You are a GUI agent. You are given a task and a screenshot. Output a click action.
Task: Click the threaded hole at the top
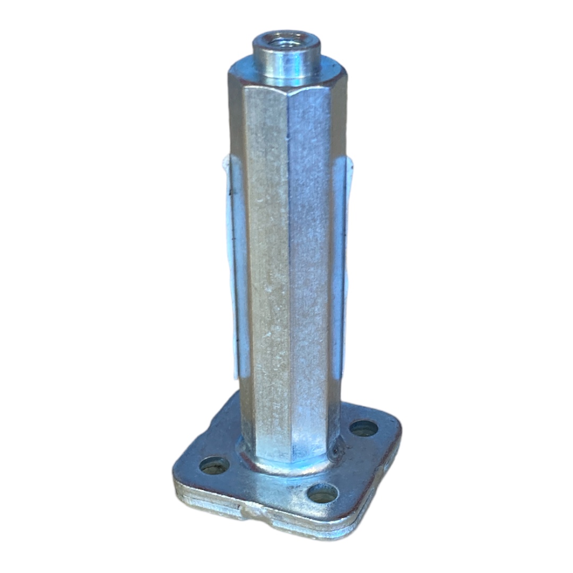(286, 40)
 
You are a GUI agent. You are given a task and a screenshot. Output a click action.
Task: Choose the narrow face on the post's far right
(335, 255)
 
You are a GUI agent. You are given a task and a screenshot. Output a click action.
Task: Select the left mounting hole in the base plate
(214, 466)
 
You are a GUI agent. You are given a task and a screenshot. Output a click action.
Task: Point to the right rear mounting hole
(364, 428)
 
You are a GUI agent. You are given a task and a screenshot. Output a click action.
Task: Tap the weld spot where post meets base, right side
(336, 451)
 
